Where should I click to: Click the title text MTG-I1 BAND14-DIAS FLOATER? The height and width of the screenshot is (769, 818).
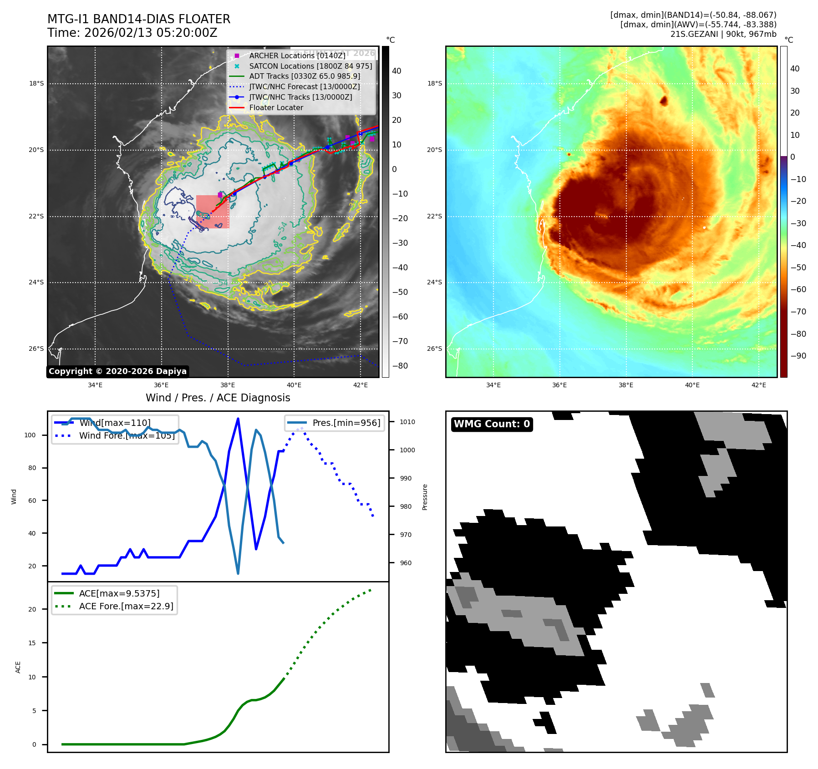tap(139, 19)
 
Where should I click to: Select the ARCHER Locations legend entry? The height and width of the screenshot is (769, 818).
tap(297, 56)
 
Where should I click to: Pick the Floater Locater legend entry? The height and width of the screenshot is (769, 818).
tap(276, 108)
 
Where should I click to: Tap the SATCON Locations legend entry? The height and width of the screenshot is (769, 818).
tap(310, 66)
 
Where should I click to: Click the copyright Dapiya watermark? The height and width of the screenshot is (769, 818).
tap(117, 371)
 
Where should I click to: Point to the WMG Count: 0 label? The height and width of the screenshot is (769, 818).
tap(492, 424)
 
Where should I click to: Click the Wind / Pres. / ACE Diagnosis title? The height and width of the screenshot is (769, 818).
tap(218, 398)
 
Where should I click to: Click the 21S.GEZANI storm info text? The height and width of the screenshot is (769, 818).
tap(723, 34)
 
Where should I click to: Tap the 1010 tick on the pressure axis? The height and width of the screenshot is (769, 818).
tap(407, 422)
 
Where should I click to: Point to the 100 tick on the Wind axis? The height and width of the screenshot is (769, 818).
tap(30, 435)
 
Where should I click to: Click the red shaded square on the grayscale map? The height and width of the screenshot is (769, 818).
tap(213, 212)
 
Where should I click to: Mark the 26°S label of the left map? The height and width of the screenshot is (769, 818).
tap(36, 349)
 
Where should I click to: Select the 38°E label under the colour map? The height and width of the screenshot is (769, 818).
tap(625, 385)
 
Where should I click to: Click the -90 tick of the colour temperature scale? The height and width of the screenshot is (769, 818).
tap(798, 356)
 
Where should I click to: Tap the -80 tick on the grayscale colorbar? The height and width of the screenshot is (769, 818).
tap(400, 366)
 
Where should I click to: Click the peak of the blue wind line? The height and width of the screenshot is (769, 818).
tap(238, 419)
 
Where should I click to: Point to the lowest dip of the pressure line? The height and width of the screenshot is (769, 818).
tap(238, 573)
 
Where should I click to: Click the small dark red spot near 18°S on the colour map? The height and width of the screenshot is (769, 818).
tap(664, 101)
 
